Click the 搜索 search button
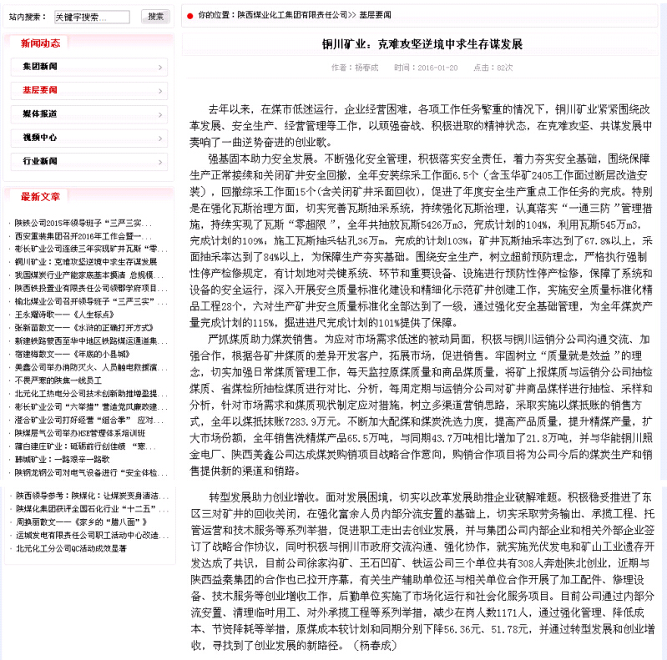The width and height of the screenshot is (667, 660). [154, 16]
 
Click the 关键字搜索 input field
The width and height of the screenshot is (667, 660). [91, 17]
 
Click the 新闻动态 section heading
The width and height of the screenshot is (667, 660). [40, 43]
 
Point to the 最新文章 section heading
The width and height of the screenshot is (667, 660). [40, 197]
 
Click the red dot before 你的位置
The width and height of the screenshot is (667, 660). [190, 16]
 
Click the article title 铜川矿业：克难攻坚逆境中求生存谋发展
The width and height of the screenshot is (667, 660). [422, 43]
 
